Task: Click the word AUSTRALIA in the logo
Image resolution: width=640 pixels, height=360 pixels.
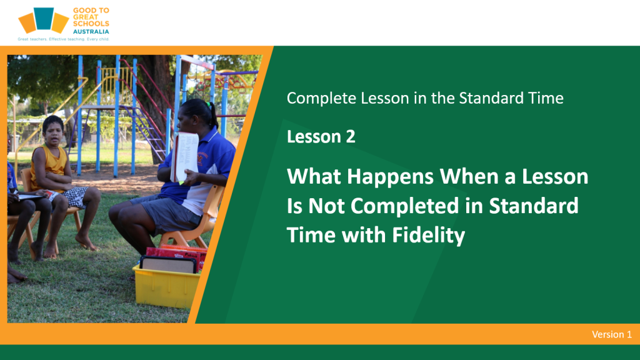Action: click(91, 31)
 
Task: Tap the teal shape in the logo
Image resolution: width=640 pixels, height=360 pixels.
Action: click(44, 18)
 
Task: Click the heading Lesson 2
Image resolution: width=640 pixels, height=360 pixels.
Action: click(321, 136)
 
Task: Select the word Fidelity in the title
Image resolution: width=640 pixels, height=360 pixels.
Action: click(429, 236)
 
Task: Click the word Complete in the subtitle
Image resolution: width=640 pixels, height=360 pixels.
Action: click(322, 98)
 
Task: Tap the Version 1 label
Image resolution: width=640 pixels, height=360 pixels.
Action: click(612, 334)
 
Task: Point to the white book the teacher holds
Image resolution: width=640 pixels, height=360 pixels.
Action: click(185, 157)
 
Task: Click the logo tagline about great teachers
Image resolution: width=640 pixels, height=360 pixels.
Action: click(63, 39)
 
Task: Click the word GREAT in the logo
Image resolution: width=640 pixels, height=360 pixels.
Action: click(85, 17)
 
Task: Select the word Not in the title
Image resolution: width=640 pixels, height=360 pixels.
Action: click(326, 206)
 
